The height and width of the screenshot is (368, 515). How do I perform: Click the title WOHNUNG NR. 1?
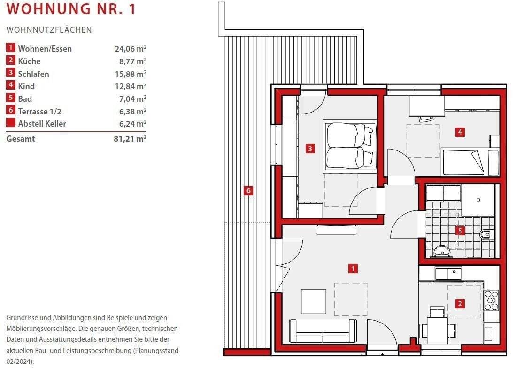pyautogui.click(x=71, y=9)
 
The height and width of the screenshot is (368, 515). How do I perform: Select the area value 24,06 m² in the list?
pyautogui.click(x=131, y=49)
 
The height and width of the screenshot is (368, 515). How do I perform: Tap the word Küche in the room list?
pyautogui.click(x=29, y=61)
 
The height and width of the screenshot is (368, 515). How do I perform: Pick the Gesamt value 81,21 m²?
pyautogui.click(x=130, y=138)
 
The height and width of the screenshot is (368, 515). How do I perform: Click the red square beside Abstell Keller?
pyautogui.click(x=11, y=123)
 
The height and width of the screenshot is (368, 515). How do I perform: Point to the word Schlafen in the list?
pyautogui.click(x=33, y=74)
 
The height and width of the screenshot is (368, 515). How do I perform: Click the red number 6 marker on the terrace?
pyautogui.click(x=248, y=190)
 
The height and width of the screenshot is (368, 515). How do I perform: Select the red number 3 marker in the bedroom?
pyautogui.click(x=310, y=149)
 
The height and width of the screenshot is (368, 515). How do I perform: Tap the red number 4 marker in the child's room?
pyautogui.click(x=460, y=132)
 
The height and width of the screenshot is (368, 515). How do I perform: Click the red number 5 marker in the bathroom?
pyautogui.click(x=460, y=231)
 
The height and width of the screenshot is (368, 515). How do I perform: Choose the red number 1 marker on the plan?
pyautogui.click(x=353, y=269)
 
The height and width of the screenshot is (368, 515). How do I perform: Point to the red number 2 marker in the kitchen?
pyautogui.click(x=460, y=304)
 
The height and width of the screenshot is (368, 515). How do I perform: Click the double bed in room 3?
pyautogui.click(x=350, y=146)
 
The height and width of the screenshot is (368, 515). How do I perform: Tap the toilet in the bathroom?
pyautogui.click(x=486, y=234)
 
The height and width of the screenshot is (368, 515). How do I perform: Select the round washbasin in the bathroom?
pyautogui.click(x=442, y=252)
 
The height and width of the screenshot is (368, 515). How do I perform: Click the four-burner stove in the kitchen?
pyautogui.click(x=492, y=300)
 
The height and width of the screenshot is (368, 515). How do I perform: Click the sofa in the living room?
pyautogui.click(x=323, y=330)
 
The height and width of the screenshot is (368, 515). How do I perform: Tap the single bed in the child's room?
pyautogui.click(x=470, y=162)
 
